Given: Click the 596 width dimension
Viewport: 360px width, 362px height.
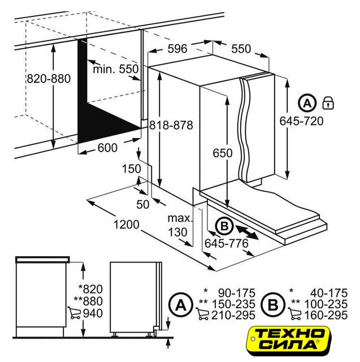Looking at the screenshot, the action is click(177, 49).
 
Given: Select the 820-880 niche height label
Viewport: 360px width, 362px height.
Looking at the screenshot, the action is click(49, 79).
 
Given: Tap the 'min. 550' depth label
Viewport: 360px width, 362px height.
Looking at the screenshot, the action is click(115, 69).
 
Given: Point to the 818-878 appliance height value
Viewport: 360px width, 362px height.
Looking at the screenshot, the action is click(171, 126).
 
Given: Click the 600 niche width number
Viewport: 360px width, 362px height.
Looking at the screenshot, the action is click(107, 148).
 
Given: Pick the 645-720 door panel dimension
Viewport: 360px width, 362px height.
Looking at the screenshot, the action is click(301, 121).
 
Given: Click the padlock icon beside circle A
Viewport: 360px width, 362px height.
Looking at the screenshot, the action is click(328, 103).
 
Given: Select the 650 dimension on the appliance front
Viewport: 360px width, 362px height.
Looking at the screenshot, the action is click(222, 153).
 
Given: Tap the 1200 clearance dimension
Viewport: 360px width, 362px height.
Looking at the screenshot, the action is click(127, 225).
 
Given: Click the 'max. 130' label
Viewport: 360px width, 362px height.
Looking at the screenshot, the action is click(179, 225).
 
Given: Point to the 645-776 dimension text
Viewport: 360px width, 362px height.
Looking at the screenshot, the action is click(227, 243).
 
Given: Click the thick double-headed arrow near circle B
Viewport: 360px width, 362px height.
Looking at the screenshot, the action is click(247, 232).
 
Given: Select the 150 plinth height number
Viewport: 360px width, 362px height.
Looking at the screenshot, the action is click(131, 169).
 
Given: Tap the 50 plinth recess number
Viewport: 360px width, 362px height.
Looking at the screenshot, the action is click(143, 205).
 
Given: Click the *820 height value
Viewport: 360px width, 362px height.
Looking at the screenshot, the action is click(90, 289).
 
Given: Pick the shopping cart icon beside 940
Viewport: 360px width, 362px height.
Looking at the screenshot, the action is click(74, 313).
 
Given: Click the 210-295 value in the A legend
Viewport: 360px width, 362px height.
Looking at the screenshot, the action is click(233, 316).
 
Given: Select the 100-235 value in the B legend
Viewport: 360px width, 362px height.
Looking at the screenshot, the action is click(326, 304).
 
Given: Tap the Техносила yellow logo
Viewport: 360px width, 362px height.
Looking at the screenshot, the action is click(288, 341).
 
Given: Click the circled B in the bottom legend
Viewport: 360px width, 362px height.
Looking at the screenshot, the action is click(273, 305).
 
